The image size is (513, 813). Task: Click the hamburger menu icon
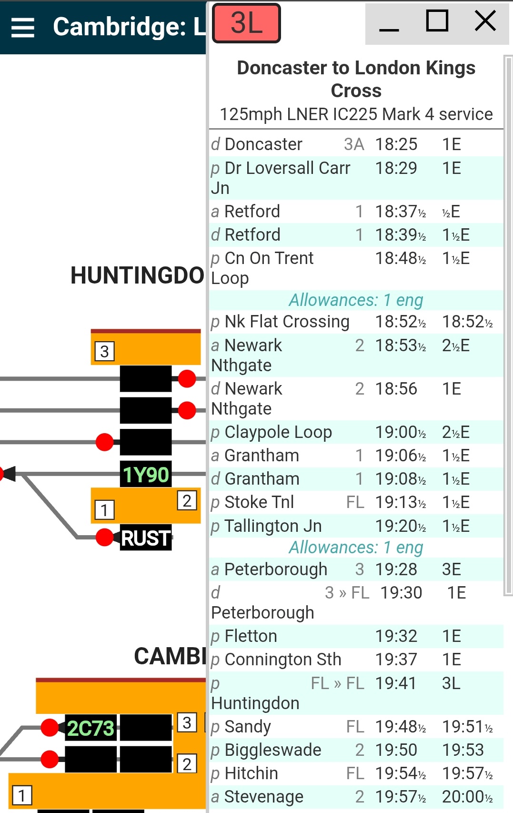pos(23,27)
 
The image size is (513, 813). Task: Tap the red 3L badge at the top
pos(246,23)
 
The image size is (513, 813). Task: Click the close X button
pos(485,21)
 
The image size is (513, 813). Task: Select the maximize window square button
pos(437,21)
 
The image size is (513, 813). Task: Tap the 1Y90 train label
pos(146,475)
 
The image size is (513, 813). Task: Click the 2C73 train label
pos(91,728)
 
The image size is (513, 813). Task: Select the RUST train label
pos(145,539)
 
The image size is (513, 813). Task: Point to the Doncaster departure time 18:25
pos(396,144)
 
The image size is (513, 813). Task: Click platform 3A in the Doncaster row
pos(354,144)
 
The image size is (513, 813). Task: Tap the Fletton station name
pos(251,636)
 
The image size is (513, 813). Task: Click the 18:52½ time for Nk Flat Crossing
pos(401,322)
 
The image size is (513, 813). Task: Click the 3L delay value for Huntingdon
pos(451,683)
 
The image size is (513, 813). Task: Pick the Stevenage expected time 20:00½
pos(467,797)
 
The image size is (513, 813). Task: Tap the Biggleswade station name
pos(273,750)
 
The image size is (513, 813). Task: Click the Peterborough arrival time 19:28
pos(396,569)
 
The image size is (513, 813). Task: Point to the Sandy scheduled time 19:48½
pos(401,727)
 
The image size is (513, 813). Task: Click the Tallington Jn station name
pos(273,526)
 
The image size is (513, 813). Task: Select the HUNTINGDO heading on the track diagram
pos(137,275)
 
